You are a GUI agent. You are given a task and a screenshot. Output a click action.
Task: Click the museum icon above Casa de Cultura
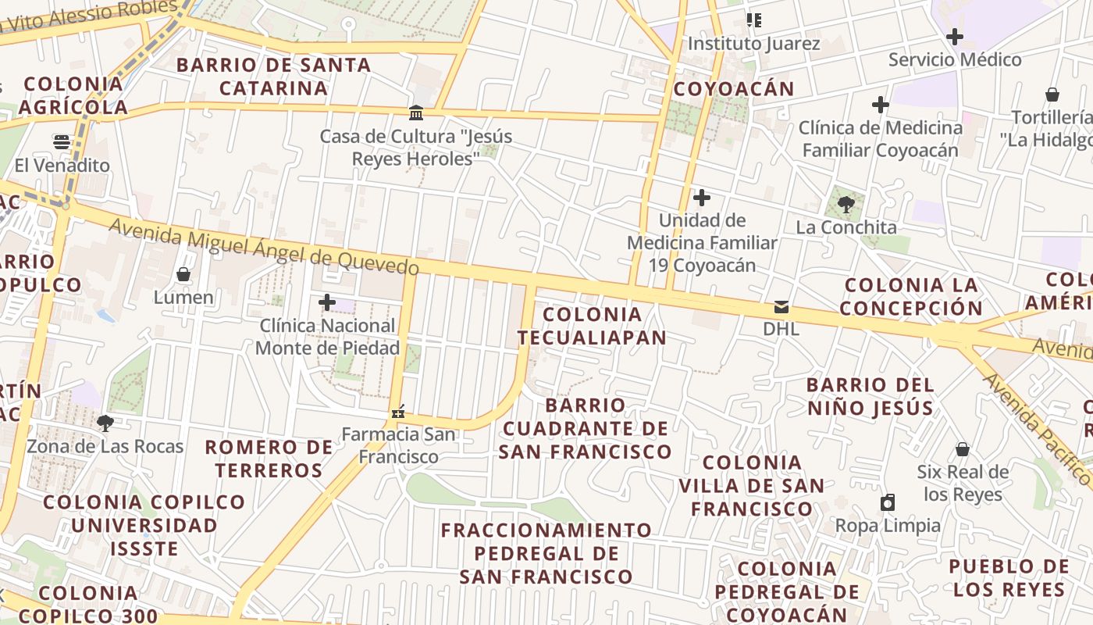416,113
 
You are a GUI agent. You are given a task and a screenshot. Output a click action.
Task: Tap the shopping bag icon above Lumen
183,274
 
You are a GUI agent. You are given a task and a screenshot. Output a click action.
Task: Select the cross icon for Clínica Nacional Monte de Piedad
327,302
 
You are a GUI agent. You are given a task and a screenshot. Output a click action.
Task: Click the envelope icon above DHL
781,306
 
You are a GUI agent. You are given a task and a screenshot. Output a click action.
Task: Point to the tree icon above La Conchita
846,205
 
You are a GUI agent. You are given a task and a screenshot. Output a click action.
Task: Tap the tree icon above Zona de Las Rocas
105,423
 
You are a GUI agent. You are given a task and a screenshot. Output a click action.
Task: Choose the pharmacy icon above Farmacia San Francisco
398,411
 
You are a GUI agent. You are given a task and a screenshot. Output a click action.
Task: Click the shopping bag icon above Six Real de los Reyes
963,449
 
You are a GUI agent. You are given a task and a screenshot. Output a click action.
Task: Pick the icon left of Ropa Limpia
888,502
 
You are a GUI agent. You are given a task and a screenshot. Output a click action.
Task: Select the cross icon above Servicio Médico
954,36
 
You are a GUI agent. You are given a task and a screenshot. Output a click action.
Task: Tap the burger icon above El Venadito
62,141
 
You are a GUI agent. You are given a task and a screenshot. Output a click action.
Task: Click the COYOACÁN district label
734,89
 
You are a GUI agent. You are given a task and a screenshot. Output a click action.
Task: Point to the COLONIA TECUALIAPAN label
592,326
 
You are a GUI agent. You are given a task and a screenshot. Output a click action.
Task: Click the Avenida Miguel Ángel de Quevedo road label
264,247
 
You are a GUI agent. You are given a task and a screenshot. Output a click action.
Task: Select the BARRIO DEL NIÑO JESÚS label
870,396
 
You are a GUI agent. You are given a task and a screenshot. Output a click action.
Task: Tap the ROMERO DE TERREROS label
269,459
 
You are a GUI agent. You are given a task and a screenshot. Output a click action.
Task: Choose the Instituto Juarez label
754,44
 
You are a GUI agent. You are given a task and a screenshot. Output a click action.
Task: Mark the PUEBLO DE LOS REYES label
1009,577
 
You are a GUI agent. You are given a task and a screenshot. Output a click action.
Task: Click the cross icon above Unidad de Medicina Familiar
702,198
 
